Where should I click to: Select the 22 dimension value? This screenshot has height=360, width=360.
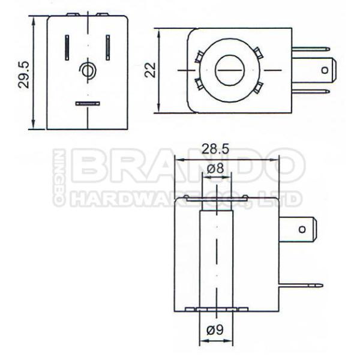pos(150,70)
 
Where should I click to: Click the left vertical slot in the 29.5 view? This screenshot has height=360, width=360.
pos(68,45)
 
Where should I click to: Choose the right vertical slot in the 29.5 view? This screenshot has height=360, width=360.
pos(108,45)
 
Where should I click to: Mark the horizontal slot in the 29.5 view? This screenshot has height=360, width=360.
pos(88,103)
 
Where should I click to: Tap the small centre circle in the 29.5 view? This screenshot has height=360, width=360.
pos(88,71)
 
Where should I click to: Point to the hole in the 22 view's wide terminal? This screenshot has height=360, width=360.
pos(325,70)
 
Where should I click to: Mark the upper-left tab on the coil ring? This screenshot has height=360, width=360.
pos(199,57)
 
